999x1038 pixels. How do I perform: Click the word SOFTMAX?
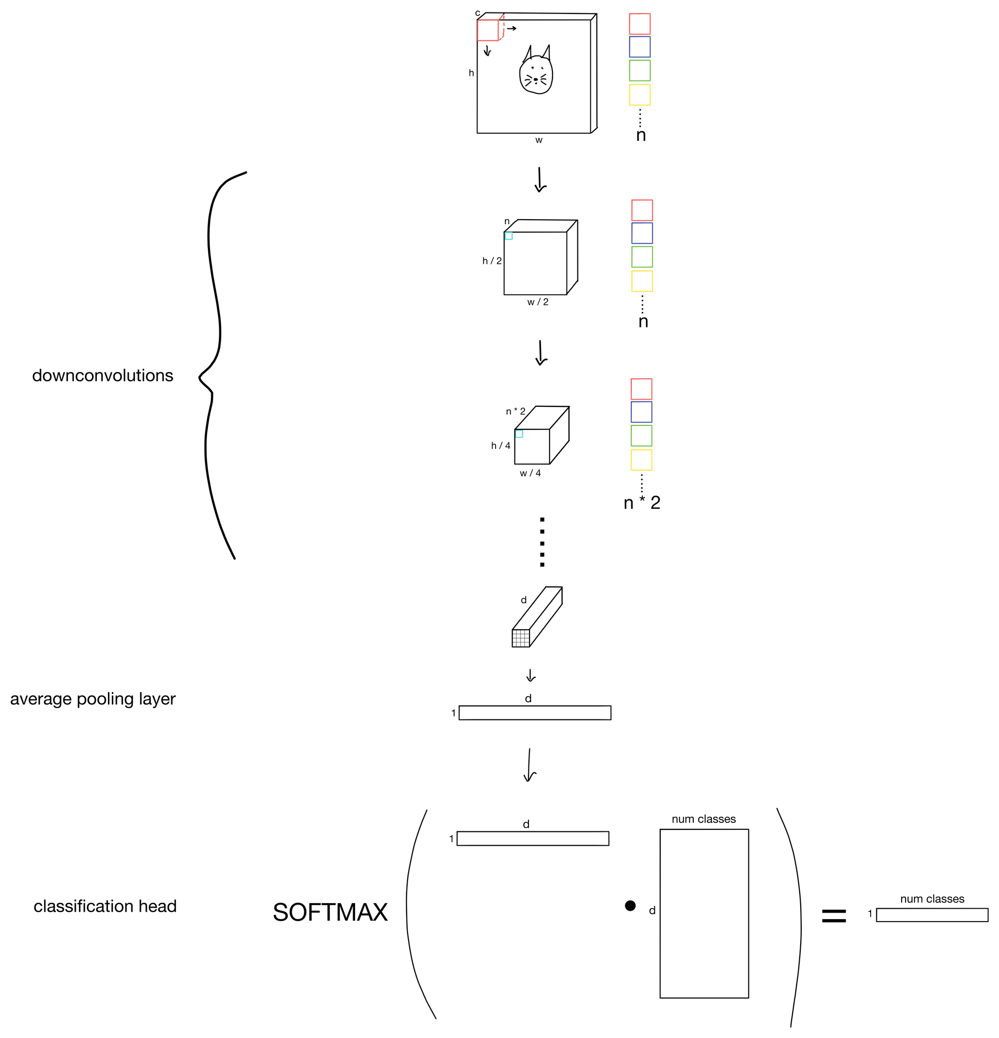(x=330, y=913)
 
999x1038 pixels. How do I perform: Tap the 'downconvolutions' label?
(x=103, y=375)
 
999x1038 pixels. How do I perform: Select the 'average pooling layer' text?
(x=93, y=699)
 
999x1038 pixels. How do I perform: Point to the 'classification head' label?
(x=105, y=906)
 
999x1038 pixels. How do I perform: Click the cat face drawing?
(x=536, y=75)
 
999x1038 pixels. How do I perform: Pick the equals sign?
(x=833, y=916)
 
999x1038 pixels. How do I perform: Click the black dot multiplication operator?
(x=630, y=906)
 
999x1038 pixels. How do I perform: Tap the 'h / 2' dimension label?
(x=492, y=261)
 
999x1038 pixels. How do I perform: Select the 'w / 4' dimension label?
(x=530, y=473)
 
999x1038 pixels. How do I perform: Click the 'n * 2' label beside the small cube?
(x=515, y=411)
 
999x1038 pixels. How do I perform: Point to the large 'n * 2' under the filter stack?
(x=642, y=503)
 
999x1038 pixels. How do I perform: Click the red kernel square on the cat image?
(x=488, y=30)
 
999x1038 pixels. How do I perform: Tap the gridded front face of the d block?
(x=520, y=638)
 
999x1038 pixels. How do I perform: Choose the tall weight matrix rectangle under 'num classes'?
(x=704, y=914)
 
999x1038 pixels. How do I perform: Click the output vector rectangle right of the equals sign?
(x=932, y=915)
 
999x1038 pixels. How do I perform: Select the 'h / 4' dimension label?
(x=500, y=445)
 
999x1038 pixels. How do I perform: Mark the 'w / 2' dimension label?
(x=537, y=302)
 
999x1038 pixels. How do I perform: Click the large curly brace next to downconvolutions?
(x=212, y=365)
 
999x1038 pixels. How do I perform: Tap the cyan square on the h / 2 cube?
(x=508, y=236)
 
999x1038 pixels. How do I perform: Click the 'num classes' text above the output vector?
(x=932, y=899)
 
